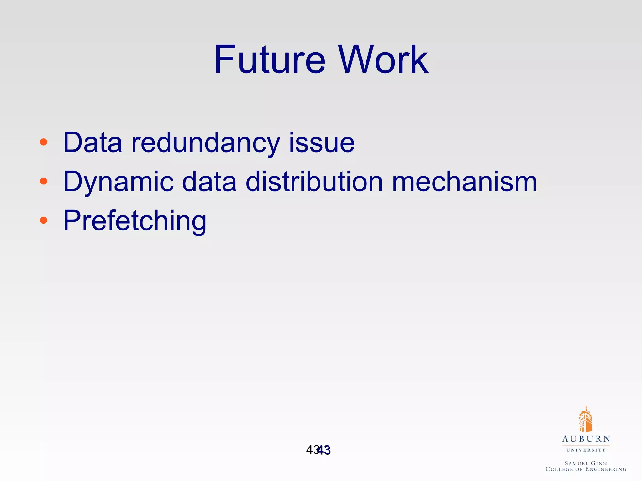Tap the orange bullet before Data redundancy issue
[x=44, y=142]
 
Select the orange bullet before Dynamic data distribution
[x=44, y=181]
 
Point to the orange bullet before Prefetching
[x=44, y=220]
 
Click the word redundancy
[x=206, y=143]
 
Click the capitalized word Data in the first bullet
[x=92, y=143]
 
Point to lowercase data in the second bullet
[x=209, y=182]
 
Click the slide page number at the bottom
[x=318, y=450]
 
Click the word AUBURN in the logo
[x=586, y=439]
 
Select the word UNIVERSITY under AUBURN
[x=586, y=450]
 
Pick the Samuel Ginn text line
[x=586, y=463]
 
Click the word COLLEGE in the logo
[x=559, y=469]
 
